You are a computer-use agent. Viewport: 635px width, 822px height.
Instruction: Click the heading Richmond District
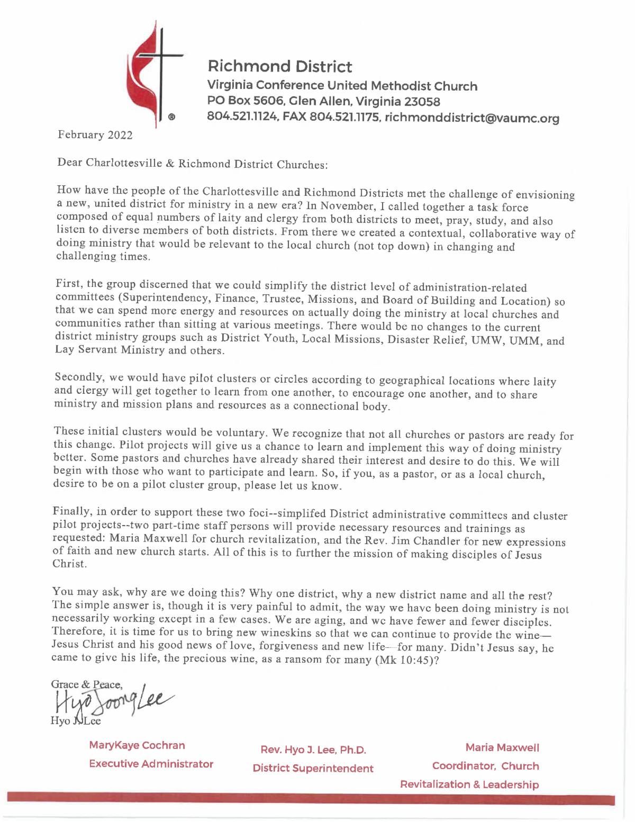(x=280, y=67)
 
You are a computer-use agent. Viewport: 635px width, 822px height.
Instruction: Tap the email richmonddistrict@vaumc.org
(x=472, y=119)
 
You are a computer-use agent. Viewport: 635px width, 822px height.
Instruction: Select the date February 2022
(x=95, y=135)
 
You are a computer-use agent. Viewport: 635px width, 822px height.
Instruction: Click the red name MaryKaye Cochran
(x=137, y=745)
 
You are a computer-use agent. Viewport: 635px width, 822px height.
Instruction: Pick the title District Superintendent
(x=313, y=768)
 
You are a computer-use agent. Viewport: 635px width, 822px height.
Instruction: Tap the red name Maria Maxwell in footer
(x=502, y=748)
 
